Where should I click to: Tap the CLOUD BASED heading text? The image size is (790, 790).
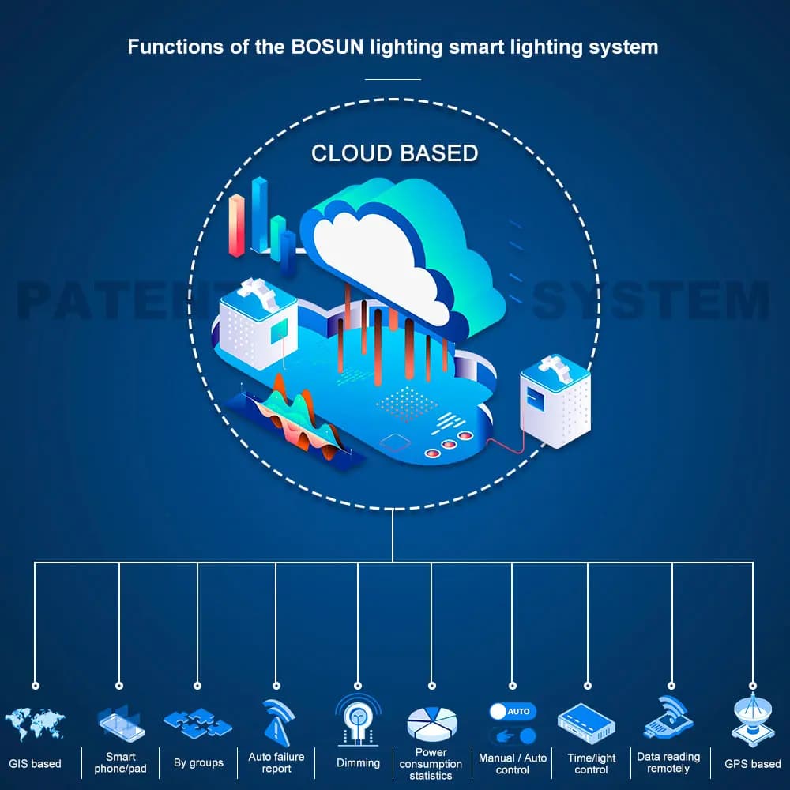point(394,152)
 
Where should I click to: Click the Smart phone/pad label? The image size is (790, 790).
point(120,762)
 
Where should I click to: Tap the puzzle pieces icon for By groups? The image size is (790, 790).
point(197,722)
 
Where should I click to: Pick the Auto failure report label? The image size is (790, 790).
point(276,762)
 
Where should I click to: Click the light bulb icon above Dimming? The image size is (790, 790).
point(358,720)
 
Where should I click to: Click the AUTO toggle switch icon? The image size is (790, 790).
point(512,711)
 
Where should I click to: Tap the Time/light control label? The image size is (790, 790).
point(591,763)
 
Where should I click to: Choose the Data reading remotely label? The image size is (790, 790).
point(668,762)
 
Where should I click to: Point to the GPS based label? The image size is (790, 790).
point(752,764)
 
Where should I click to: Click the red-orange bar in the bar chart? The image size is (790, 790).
point(236,225)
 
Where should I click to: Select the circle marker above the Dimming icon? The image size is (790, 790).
point(358,686)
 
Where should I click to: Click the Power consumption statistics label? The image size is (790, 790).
point(431,764)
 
